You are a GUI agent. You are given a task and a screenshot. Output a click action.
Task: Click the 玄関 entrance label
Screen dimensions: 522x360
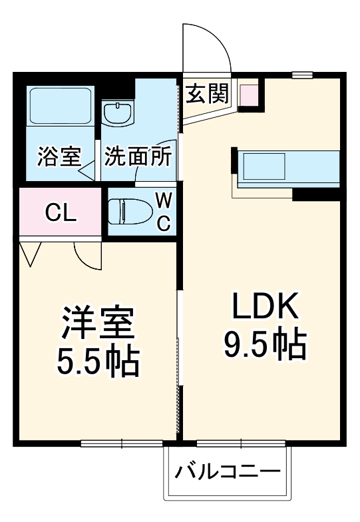coord(206,94)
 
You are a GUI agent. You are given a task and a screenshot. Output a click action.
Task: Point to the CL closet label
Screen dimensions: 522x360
coord(61,213)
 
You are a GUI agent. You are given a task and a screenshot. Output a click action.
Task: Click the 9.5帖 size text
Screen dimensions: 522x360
coord(264,344)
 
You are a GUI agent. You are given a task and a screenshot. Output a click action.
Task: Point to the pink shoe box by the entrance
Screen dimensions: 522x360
coord(248,95)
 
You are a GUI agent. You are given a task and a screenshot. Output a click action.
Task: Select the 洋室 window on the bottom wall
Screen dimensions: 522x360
coord(122,443)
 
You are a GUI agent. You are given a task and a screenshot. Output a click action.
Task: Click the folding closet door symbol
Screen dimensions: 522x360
coord(30,253)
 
